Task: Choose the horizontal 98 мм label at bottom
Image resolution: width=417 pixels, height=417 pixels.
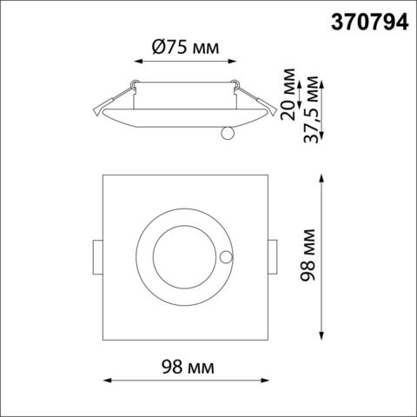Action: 184,368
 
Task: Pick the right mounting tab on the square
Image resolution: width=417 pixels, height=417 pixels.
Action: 272,258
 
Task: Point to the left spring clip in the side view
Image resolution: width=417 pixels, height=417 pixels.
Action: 109,105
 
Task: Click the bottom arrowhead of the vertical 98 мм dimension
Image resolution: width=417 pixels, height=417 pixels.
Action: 324,340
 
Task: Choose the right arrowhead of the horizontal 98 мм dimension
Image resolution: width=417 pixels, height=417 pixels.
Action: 263,381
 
